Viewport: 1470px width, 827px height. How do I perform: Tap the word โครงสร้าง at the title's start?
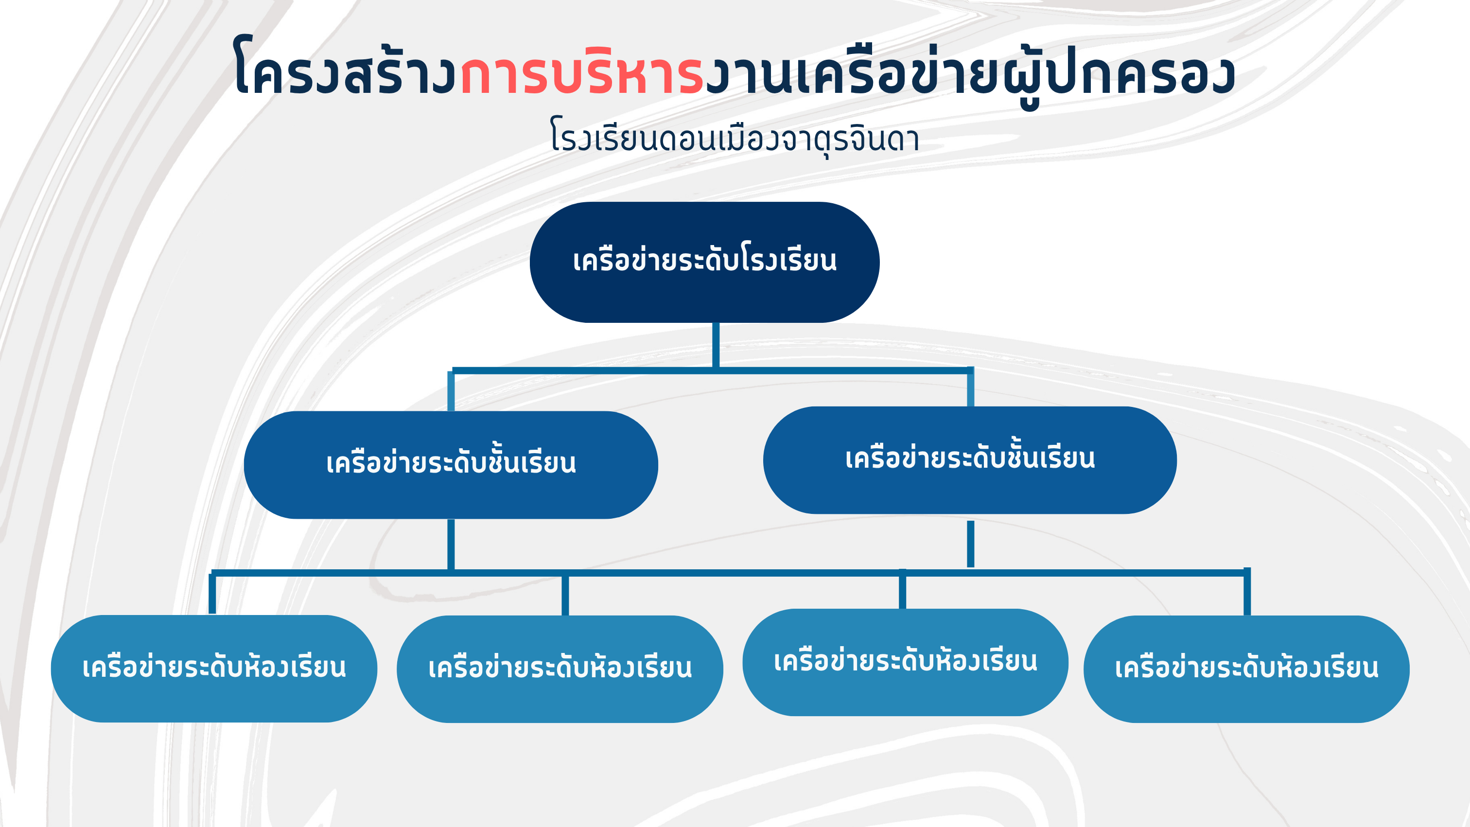346,66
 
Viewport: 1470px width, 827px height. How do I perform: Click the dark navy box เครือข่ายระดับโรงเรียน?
705,262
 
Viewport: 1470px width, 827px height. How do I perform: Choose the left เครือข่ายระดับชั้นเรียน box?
451,465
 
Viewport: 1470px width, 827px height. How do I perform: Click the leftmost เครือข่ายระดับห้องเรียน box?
214,669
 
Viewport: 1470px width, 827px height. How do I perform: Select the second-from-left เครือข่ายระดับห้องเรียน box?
560,669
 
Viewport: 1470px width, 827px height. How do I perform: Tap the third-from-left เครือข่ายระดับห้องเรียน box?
906,662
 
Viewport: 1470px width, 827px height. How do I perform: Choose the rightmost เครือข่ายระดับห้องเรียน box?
1247,669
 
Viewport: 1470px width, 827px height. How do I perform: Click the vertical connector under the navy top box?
716,345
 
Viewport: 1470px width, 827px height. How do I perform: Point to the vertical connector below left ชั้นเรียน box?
451,545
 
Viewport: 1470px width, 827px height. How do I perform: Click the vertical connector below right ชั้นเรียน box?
971,544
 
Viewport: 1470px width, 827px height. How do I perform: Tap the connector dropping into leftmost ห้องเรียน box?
212,594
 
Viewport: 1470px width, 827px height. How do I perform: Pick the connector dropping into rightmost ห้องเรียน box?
1247,592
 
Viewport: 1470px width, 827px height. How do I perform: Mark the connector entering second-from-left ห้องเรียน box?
565,595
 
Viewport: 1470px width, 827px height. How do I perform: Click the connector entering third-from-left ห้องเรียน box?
902,589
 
